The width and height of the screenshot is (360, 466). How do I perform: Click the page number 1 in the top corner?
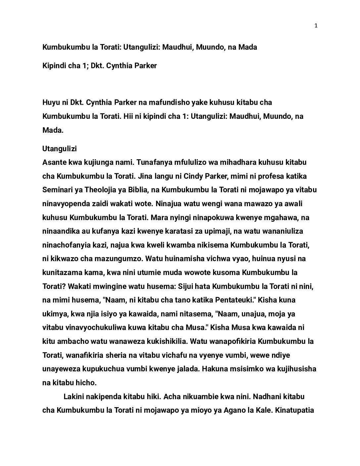point(316,26)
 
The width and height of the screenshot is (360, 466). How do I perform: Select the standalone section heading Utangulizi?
point(60,149)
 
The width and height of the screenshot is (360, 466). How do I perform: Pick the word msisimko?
point(244,369)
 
